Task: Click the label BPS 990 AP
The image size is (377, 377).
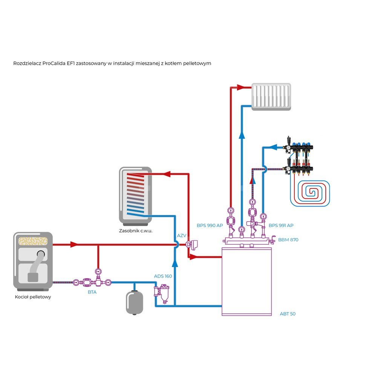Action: (210, 225)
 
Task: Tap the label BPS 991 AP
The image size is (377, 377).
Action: (281, 225)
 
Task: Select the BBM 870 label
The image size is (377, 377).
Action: (288, 239)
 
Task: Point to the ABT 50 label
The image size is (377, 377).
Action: (288, 314)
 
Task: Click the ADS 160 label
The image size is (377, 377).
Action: (163, 276)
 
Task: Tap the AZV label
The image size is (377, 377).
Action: (182, 236)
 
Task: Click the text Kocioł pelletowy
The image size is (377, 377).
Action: (33, 297)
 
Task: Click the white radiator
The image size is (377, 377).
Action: (271, 97)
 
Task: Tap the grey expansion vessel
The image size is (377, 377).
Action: (134, 302)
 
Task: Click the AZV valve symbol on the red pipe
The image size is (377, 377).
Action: (193, 245)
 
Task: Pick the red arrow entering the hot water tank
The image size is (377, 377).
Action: (167, 174)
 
